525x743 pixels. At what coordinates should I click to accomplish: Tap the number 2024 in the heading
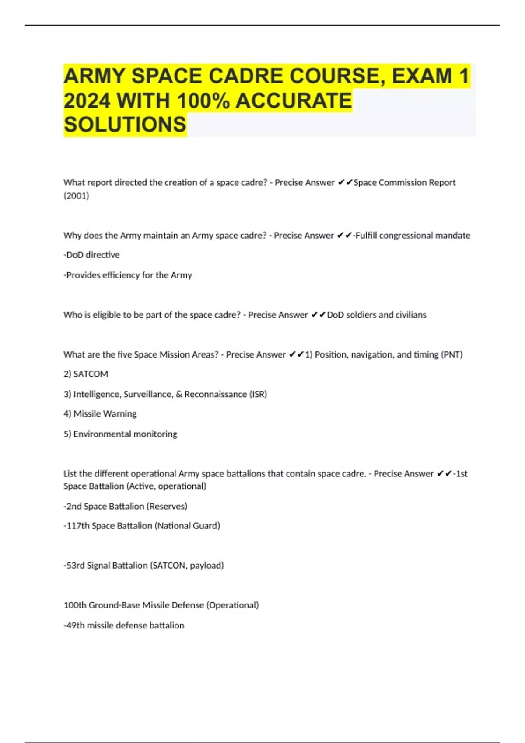[x=87, y=101]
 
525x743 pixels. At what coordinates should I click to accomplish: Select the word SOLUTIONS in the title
[x=125, y=125]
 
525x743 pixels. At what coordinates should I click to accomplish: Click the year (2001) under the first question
[x=76, y=195]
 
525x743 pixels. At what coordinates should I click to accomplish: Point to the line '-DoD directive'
[x=91, y=255]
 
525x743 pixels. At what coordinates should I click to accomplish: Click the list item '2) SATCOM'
[x=86, y=374]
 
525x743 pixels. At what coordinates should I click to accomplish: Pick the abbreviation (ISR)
[x=258, y=394]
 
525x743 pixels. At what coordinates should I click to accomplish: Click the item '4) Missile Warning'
[x=100, y=413]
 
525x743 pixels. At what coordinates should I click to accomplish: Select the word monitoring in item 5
[x=155, y=434]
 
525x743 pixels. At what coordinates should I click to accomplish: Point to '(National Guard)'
[x=187, y=526]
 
